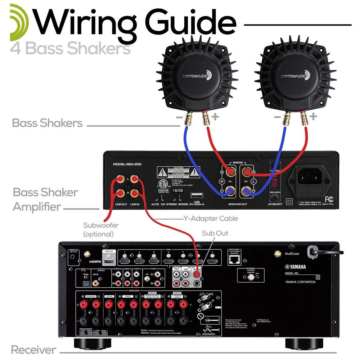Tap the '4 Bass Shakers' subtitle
[x=71, y=48]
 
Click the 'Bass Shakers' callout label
[x=48, y=123]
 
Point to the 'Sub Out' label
[x=215, y=233]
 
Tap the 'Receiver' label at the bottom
[x=33, y=350]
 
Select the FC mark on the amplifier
[x=328, y=199]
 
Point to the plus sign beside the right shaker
[x=313, y=116]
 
